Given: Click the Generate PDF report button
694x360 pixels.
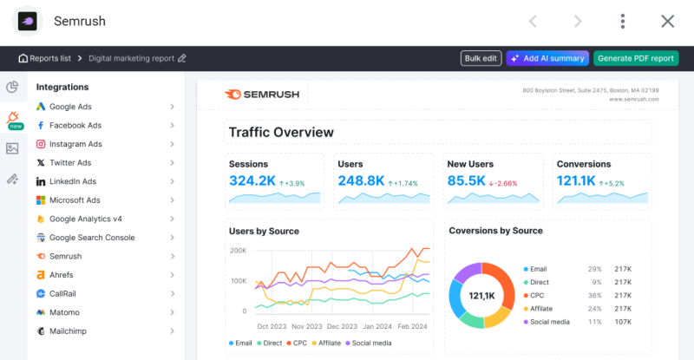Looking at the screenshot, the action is [x=636, y=58].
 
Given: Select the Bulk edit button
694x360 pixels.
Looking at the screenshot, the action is [x=481, y=58].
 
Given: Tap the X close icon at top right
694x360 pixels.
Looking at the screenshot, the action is [x=667, y=22].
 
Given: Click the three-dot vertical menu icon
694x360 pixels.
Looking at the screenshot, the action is [x=622, y=22].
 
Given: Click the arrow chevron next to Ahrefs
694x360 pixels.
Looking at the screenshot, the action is [x=172, y=275].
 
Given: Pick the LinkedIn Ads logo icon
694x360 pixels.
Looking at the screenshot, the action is [x=41, y=181].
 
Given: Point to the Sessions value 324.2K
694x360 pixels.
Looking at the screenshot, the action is [x=252, y=180].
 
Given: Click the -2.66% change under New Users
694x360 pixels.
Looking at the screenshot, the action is [x=503, y=183].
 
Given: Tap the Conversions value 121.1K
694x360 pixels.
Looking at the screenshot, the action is [x=576, y=180].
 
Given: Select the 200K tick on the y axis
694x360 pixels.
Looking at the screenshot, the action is [x=238, y=251].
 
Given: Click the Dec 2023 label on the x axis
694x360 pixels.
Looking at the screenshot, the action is [x=342, y=326].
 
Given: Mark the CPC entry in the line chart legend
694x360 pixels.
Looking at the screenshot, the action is [x=297, y=344].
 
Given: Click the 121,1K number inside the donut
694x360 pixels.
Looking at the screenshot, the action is [x=482, y=296].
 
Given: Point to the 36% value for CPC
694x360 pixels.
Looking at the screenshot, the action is [x=595, y=295].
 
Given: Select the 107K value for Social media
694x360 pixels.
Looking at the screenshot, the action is [x=623, y=322].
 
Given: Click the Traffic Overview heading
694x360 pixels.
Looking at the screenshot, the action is [x=281, y=133].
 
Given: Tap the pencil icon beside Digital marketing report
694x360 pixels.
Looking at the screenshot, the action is [x=182, y=58].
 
